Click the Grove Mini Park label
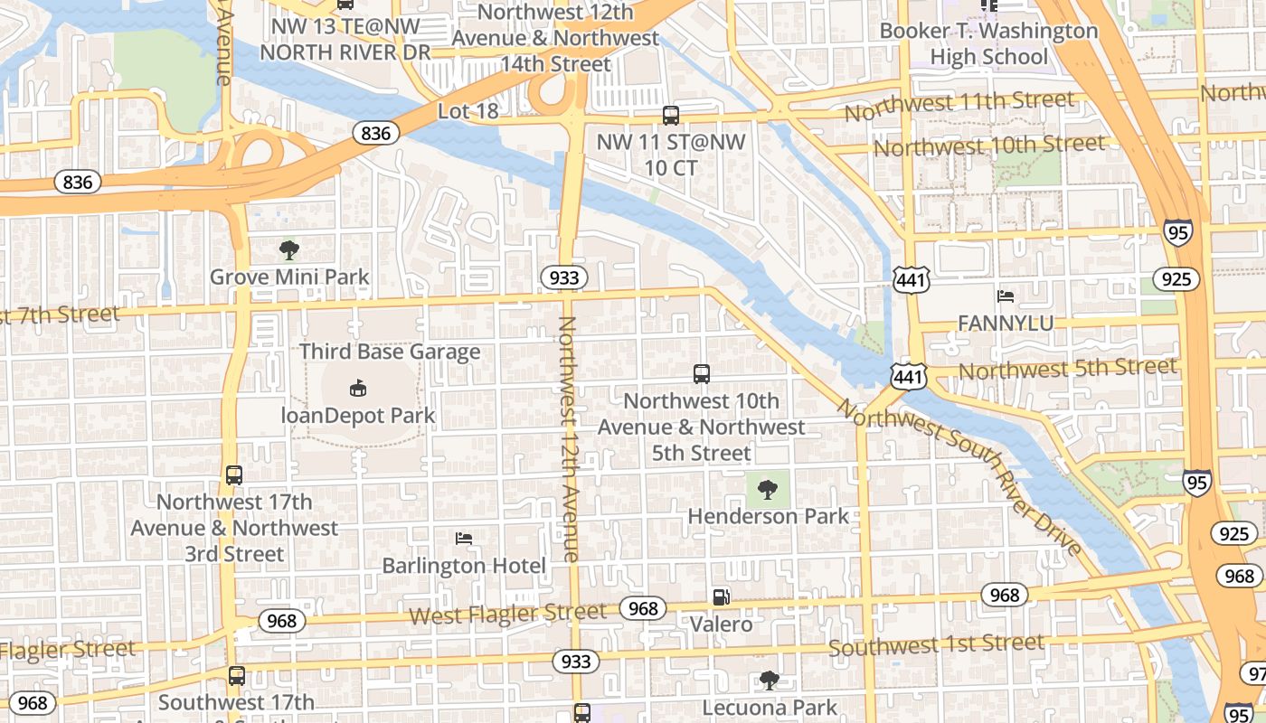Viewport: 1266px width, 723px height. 289,277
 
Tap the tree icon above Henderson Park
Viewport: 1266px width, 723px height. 768,490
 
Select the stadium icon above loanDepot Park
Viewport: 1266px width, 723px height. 358,389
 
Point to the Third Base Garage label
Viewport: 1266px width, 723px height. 390,352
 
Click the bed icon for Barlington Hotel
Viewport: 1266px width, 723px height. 464,540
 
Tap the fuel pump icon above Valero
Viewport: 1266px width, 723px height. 721,597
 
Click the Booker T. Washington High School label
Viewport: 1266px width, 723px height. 988,43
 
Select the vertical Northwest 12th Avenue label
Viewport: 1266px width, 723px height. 569,439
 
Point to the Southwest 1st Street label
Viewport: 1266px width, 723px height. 936,645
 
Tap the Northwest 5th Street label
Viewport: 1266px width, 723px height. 1067,369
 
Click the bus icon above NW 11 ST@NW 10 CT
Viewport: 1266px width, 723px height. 670,116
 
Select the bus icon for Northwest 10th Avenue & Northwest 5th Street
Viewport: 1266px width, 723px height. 701,374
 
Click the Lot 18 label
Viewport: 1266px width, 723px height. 468,111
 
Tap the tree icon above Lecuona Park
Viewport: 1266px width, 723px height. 769,680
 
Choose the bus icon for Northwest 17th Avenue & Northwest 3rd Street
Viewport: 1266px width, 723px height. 234,475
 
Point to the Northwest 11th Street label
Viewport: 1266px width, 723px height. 959,106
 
